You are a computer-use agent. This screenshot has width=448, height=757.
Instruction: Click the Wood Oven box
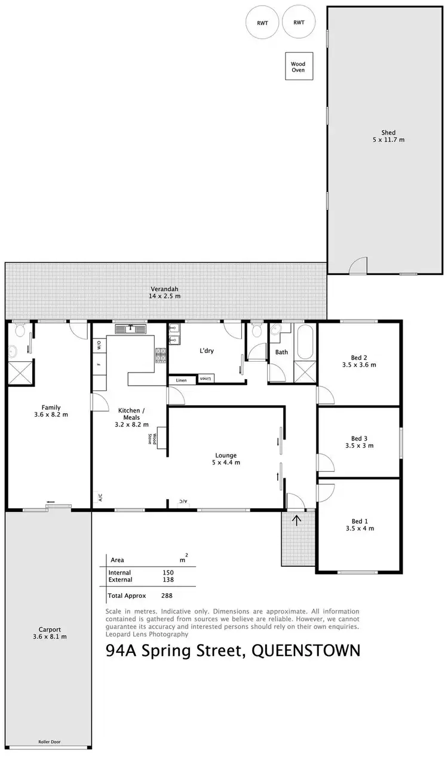point(297,66)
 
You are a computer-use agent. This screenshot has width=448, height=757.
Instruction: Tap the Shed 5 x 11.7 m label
point(389,136)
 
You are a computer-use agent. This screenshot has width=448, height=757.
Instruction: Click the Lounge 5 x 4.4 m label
point(225,458)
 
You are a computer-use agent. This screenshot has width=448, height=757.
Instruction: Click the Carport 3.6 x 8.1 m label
point(50,633)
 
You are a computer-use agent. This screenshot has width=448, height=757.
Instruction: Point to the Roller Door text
point(48,742)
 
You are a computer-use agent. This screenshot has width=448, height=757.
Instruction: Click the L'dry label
point(205,351)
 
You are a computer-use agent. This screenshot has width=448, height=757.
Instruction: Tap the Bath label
point(281,352)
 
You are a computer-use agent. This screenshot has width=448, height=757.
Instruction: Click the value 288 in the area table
point(167,596)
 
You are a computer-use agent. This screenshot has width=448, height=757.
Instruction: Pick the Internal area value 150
point(168,572)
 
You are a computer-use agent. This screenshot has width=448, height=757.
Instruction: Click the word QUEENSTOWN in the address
point(306,651)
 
